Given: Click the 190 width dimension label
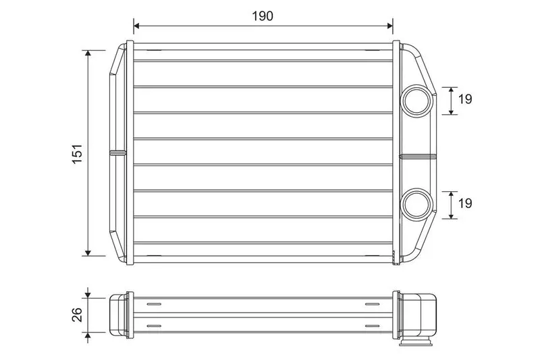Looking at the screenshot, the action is point(263,16).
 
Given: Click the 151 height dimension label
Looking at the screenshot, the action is point(78,153).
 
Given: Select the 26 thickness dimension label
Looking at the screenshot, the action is point(77,315).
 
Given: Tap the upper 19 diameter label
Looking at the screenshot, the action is point(465,99).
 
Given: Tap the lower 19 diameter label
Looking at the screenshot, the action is point(465,203).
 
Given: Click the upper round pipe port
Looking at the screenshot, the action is point(417,101).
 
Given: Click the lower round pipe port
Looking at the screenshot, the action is point(417,205).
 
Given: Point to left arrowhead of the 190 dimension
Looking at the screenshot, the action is point(136,26).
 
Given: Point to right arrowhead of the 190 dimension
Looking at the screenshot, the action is point(390,26).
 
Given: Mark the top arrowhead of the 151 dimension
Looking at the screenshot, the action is point(88,53).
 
